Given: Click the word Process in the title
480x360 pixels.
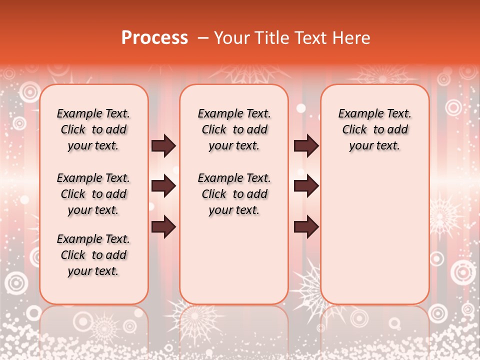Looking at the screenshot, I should coord(154,38).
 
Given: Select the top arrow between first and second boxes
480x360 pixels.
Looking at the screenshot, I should coord(163,146).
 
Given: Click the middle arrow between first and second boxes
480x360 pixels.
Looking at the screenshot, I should coord(163,186).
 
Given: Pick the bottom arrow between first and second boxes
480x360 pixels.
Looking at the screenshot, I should coord(163,227).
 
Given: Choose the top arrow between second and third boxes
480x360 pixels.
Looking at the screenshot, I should coord(306,146).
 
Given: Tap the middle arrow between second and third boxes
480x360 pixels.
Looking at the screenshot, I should coord(306,186).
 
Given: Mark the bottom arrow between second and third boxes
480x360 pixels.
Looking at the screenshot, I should coord(306,227).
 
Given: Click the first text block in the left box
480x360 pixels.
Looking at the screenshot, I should coord(93,129).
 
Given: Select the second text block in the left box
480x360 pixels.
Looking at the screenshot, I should coord(93,194).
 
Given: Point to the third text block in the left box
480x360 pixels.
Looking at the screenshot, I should coord(93,255).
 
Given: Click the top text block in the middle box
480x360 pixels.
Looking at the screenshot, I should coord(234,129).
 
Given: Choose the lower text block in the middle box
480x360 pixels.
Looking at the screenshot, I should coord(234,194).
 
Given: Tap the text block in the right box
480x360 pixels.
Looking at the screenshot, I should coord(374,129).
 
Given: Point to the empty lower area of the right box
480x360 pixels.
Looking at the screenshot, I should coord(374,230).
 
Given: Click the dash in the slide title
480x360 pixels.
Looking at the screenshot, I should coord(203,38).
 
